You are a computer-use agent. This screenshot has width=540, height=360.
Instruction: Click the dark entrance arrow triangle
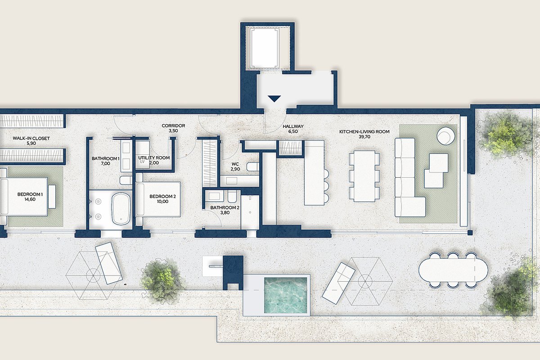(x=274, y=99)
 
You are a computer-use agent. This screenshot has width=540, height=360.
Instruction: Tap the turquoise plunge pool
(x=286, y=295)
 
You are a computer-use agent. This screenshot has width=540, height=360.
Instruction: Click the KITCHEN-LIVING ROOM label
(x=364, y=132)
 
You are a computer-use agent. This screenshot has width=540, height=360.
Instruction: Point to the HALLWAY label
(x=293, y=126)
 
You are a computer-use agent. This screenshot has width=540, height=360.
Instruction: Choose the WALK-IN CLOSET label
(x=31, y=138)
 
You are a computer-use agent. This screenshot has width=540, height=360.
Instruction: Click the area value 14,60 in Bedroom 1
(x=30, y=199)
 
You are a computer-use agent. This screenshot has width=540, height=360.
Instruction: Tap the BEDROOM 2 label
(x=162, y=196)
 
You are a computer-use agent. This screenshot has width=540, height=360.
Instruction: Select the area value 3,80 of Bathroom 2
(x=225, y=212)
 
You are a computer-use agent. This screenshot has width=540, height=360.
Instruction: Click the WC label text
(x=235, y=164)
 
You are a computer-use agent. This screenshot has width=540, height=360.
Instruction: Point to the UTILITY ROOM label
(x=154, y=157)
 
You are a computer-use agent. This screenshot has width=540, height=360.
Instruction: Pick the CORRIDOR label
(x=173, y=126)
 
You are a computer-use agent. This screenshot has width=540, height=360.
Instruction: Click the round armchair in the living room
(x=446, y=136)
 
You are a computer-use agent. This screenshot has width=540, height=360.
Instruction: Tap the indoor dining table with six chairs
(x=364, y=176)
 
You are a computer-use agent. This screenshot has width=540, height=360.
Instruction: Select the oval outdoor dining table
(x=453, y=270)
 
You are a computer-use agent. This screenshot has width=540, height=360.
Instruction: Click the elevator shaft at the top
(x=265, y=49)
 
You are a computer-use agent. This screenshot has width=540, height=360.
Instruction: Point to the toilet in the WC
(x=252, y=167)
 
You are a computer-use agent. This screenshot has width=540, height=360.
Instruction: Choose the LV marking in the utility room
(x=142, y=162)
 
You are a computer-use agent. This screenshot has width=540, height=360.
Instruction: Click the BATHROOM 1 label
(x=105, y=158)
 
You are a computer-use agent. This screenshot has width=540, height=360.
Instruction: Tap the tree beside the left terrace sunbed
(x=161, y=281)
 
